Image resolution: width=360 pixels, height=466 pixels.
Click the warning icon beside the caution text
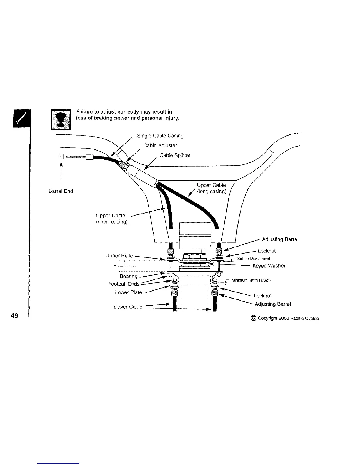pos(61,119)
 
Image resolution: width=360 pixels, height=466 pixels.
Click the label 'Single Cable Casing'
pos(160,136)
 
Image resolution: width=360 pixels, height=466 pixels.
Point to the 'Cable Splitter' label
pos(175,155)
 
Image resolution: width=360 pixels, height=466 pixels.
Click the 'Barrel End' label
pos(61,191)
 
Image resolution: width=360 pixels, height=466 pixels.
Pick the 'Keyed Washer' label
pos(269,266)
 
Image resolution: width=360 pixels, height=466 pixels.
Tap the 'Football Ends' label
pos(124,284)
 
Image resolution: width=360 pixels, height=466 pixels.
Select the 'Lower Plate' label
pos(128,292)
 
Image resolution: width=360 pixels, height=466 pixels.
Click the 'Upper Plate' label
pos(119,256)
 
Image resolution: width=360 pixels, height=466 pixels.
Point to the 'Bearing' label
pos(129,277)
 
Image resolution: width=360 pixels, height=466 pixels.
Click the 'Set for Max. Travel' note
pos(251,259)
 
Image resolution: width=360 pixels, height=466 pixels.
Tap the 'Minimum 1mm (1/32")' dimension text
pos(251,280)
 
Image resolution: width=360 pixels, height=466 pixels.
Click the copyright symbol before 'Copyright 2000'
pos(254,318)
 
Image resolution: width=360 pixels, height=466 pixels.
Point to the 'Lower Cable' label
pos(128,307)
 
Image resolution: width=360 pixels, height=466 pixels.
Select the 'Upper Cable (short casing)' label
pos(112,219)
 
